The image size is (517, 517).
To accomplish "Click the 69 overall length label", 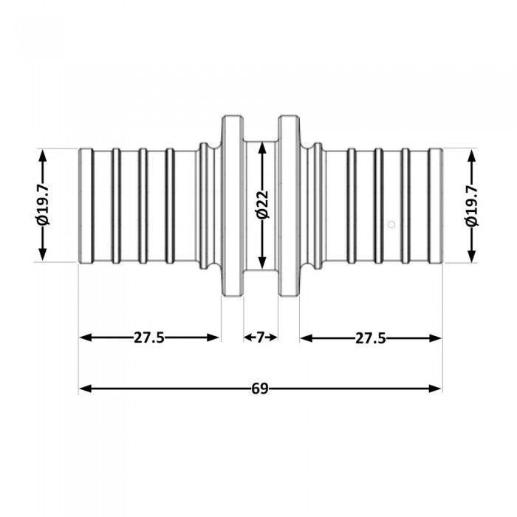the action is click(260, 388).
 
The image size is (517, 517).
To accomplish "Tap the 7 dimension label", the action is click(261, 338).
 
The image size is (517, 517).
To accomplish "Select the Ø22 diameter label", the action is click(263, 205).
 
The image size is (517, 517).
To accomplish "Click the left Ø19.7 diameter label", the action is click(43, 205).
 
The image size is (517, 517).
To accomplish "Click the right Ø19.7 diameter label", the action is click(472, 205).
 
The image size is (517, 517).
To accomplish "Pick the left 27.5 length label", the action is click(148, 338).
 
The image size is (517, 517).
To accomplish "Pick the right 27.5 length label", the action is click(370, 338).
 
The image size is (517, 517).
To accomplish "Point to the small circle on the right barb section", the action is click(391, 225).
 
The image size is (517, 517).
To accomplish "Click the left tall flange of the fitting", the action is click(233, 206).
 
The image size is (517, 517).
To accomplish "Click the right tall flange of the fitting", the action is click(290, 206).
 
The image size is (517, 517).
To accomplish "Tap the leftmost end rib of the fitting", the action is click(86, 206).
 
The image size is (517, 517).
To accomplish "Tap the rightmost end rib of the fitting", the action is click(435, 206).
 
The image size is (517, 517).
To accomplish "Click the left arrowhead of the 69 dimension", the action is click(85, 388).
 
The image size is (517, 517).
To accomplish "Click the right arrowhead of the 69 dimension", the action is click(435, 388).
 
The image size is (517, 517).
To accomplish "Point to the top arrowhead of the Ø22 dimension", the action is click(262, 148).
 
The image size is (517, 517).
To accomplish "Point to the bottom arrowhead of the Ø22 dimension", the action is click(262, 263).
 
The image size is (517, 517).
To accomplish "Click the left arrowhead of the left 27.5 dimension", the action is click(86, 338).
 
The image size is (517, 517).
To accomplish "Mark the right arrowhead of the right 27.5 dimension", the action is click(435, 338).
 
